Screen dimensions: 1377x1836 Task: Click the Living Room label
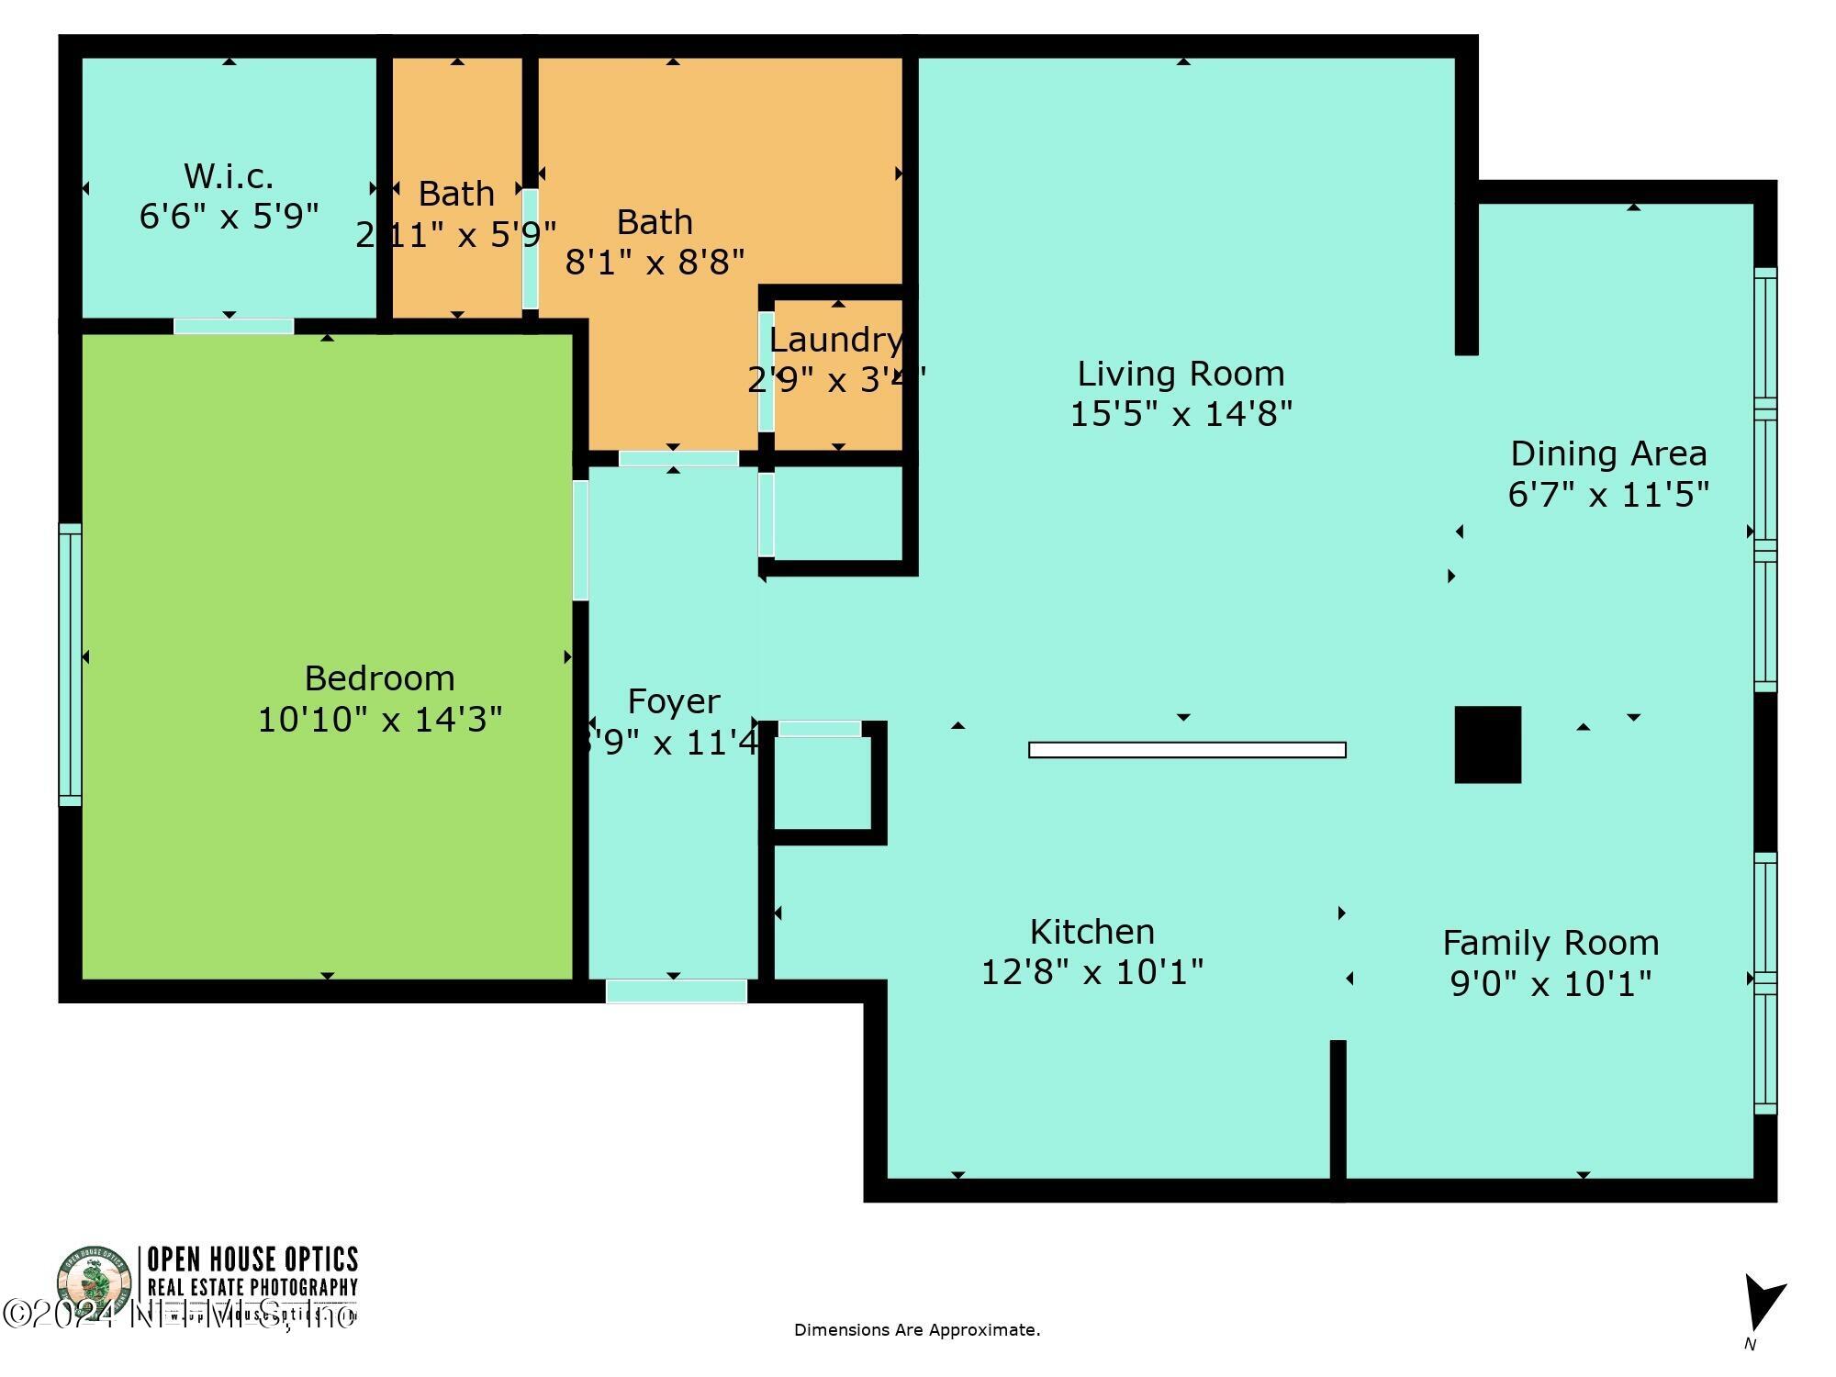pos(1181,374)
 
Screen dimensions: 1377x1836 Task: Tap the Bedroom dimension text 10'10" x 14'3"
pos(379,720)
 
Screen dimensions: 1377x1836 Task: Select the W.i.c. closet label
pos(229,175)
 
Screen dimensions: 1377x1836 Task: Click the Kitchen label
pos(1092,932)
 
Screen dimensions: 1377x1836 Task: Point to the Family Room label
pos(1551,943)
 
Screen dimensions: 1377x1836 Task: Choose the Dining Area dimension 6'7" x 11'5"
pos(1608,495)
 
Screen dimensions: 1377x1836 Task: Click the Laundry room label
pos(835,340)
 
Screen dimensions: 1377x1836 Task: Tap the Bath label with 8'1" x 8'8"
pos(655,222)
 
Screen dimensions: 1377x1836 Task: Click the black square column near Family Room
pos(1487,744)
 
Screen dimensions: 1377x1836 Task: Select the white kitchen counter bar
pos(1187,750)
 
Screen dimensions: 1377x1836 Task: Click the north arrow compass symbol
pos(1763,1304)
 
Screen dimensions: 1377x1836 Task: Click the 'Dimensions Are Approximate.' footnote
pos(917,1330)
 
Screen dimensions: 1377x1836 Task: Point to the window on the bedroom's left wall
pos(70,665)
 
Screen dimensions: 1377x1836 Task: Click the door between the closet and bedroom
pos(233,326)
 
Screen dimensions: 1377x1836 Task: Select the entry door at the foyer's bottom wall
pos(676,991)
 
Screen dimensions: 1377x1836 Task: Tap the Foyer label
pos(673,701)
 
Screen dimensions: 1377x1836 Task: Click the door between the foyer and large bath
pos(677,458)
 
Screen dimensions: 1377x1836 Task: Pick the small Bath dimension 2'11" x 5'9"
pos(456,236)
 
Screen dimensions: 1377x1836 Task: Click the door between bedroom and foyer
pos(580,540)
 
